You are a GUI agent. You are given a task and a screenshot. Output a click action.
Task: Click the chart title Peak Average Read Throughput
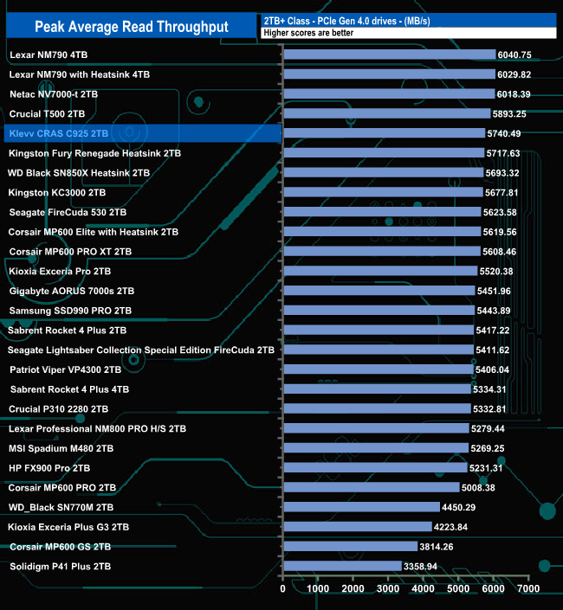click(131, 26)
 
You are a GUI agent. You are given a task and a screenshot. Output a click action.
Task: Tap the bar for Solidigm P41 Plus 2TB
click(342, 566)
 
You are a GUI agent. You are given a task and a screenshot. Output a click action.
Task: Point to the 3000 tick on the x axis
click(389, 588)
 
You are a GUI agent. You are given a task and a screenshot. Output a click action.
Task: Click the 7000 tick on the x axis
click(529, 588)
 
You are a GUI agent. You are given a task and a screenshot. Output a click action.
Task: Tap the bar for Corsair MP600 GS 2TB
click(350, 546)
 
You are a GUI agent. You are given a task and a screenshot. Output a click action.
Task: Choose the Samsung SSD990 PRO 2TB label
click(70, 311)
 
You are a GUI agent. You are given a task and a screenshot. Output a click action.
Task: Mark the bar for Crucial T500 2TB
click(387, 113)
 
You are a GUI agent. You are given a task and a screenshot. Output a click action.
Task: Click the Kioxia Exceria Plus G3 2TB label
click(68, 526)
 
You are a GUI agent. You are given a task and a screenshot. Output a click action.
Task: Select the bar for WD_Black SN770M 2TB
click(361, 507)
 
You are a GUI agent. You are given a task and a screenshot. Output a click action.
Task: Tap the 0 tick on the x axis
click(283, 588)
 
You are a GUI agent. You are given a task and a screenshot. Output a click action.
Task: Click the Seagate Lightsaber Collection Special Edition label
click(141, 350)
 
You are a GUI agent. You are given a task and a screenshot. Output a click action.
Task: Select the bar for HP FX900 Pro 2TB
click(375, 467)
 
